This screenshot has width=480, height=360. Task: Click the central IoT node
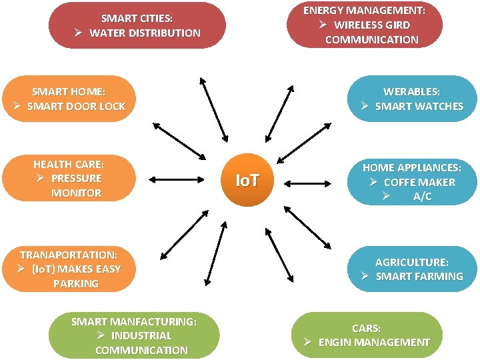click(248, 180)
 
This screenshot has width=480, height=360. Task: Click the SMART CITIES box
click(137, 25)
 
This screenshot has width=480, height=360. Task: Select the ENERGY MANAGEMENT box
click(364, 25)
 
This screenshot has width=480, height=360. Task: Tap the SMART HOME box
click(69, 99)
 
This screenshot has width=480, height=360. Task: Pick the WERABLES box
click(412, 99)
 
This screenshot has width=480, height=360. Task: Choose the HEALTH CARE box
click(69, 178)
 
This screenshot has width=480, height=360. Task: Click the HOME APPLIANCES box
click(412, 181)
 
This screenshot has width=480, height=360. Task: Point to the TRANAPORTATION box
click(69, 269)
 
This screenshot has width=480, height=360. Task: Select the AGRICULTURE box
click(412, 269)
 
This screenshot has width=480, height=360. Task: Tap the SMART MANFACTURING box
click(134, 335)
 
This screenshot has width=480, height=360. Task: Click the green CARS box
click(367, 335)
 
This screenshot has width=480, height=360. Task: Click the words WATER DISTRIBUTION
click(145, 33)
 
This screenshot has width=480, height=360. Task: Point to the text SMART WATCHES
click(419, 106)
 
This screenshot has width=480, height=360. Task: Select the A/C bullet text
click(422, 197)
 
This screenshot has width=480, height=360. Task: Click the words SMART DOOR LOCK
click(76, 106)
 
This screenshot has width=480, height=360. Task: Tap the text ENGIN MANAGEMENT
click(374, 343)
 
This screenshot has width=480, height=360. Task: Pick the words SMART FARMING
click(419, 277)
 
